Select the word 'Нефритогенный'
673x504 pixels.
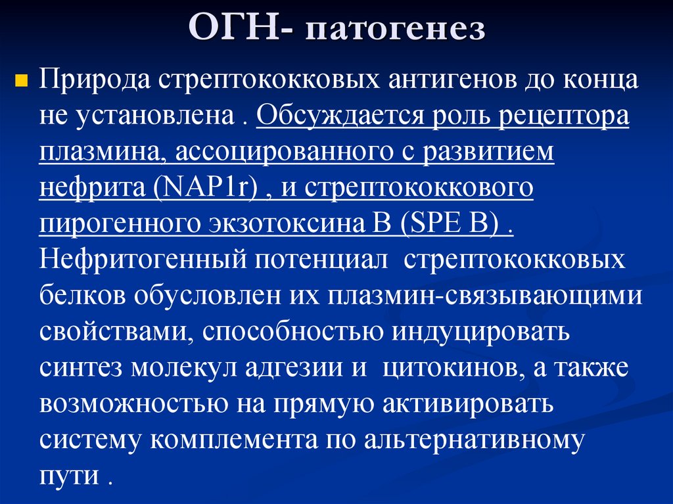click(137, 259)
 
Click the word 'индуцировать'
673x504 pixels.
click(482, 330)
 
